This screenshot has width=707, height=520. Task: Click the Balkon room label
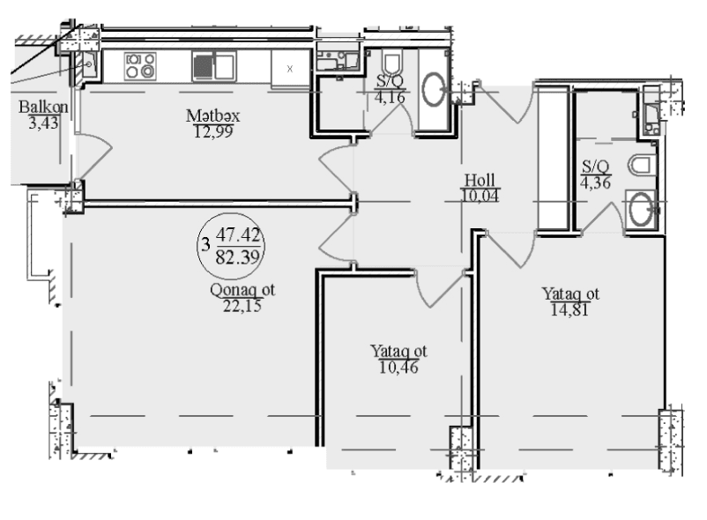click(43, 107)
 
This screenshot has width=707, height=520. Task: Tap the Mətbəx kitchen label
click(212, 115)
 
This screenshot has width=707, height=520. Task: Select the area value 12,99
click(213, 131)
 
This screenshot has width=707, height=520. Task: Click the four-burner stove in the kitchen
click(140, 66)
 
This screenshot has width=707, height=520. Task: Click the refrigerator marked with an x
click(290, 68)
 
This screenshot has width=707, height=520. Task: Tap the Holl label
click(480, 181)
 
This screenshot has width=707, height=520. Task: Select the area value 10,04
click(480, 196)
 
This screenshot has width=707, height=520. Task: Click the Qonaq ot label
click(242, 290)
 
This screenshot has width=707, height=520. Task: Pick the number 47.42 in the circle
click(239, 234)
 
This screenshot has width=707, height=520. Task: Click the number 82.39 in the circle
click(238, 257)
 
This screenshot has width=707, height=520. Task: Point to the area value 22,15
click(242, 306)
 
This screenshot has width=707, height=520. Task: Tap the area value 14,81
click(570, 309)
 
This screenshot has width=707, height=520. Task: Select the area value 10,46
click(398, 368)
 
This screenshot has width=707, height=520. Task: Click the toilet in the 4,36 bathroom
click(640, 165)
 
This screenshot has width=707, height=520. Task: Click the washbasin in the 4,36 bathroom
click(641, 209)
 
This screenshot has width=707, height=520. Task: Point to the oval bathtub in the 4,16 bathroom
click(434, 89)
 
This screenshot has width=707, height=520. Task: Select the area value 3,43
click(43, 123)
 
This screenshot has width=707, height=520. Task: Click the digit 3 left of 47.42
click(205, 245)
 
